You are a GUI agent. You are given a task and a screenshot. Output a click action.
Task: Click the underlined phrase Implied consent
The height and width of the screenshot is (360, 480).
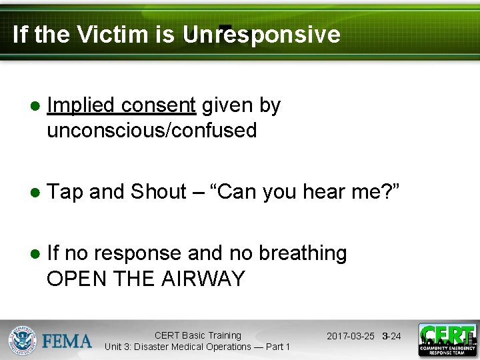tap(121, 105)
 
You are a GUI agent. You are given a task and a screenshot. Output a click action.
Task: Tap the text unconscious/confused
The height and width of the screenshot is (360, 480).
tap(151, 130)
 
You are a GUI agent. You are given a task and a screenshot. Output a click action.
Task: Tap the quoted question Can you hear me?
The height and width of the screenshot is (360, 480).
tap(306, 192)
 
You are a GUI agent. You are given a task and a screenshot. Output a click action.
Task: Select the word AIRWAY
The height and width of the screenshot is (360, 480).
tap(203, 279)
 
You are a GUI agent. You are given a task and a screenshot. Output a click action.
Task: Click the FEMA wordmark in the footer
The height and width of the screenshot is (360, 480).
tap(67, 341)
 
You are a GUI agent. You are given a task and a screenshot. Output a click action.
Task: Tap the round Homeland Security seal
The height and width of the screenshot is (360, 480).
tap(22, 341)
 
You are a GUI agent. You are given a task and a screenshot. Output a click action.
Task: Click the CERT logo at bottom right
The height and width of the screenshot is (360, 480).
tap(447, 340)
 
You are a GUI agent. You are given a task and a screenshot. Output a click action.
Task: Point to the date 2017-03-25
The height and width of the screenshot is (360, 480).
tap(351, 337)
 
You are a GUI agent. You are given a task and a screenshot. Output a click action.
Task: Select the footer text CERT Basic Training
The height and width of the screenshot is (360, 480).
tap(197, 335)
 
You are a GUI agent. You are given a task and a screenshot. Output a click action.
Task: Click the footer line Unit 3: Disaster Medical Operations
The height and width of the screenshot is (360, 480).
tap(197, 347)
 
